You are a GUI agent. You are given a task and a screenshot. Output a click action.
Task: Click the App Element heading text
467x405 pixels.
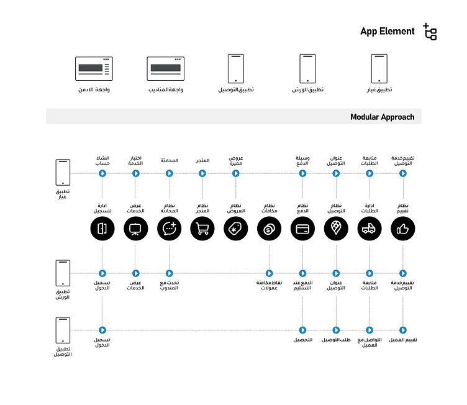tap(387, 32)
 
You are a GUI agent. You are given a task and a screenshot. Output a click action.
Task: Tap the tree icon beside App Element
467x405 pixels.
tap(430, 32)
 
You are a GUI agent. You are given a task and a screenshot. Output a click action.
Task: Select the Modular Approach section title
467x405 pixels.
tap(381, 117)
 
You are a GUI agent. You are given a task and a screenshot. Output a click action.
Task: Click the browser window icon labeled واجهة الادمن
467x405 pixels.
tap(93, 68)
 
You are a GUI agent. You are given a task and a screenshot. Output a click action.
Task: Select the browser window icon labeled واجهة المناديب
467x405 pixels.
tap(165, 68)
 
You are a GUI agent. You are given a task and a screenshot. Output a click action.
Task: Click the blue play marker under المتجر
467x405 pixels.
tap(202, 173)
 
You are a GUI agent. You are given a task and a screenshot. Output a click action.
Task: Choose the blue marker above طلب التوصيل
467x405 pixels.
tap(336, 330)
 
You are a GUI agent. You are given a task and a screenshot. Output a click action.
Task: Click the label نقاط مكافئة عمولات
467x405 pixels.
tap(270, 285)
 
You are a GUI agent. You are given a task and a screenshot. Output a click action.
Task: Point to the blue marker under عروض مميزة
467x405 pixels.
tap(235, 173)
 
